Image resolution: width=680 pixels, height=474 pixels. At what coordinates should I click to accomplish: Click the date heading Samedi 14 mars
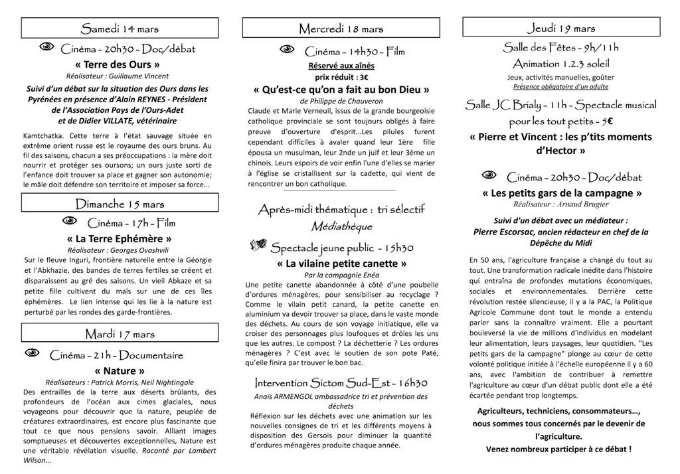pyautogui.click(x=120, y=29)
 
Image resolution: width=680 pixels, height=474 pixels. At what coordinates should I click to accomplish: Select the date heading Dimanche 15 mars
pyautogui.click(x=120, y=204)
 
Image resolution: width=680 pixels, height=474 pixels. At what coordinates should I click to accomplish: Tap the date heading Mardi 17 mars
pyautogui.click(x=120, y=333)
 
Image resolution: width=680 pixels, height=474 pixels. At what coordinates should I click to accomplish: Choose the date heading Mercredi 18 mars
pyautogui.click(x=341, y=29)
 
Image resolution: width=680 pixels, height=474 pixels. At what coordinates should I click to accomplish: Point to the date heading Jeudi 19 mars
pyautogui.click(x=561, y=28)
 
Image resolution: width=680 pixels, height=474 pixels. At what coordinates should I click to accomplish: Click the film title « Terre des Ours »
pyautogui.click(x=118, y=64)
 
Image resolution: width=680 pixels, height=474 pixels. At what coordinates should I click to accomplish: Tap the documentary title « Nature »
pyautogui.click(x=120, y=370)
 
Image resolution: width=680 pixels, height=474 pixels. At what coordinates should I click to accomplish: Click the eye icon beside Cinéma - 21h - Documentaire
pyautogui.click(x=33, y=353)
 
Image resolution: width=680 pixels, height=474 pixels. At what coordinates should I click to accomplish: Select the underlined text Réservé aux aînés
pyautogui.click(x=341, y=66)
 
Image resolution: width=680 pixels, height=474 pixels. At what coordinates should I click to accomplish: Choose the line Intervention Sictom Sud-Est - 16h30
pyautogui.click(x=341, y=383)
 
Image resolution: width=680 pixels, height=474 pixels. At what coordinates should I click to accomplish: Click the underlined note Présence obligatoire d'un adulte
pyautogui.click(x=561, y=86)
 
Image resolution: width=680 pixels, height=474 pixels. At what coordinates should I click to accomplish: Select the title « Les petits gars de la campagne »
pyautogui.click(x=561, y=193)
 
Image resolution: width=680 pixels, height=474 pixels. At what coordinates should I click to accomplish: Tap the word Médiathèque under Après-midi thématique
pyautogui.click(x=341, y=226)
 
